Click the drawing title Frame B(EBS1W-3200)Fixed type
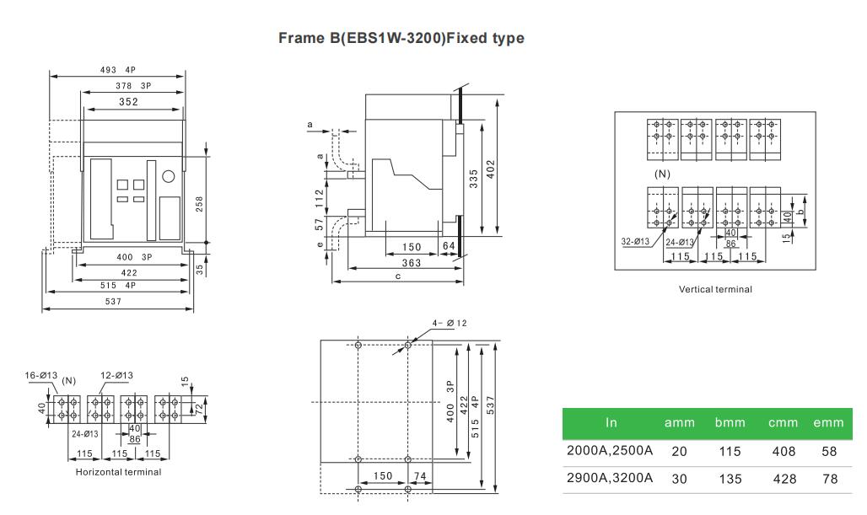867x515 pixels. pos(401,38)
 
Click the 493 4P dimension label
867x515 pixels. pos(118,70)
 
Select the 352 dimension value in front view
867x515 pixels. pos(128,102)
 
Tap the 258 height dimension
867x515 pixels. pos(199,204)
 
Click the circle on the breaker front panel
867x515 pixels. pos(169,176)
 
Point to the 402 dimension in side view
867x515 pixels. pos(491,169)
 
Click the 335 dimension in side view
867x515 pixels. pos(474,179)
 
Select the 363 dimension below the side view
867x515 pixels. pos(412,263)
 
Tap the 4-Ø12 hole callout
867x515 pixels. pos(450,324)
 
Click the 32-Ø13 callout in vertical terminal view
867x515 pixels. pos(635,241)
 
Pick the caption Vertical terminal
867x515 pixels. pos(715,289)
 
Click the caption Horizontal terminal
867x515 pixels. pos(118,472)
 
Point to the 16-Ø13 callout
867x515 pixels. pos(41,375)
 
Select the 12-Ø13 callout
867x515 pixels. pos(116,375)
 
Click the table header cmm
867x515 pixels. pos(783,423)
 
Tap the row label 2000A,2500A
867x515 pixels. pos(610,450)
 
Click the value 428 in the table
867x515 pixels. pos(784,479)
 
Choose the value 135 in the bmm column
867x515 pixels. pos(730,479)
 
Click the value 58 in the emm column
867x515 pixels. pos(829,451)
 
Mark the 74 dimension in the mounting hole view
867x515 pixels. pos(420,475)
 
